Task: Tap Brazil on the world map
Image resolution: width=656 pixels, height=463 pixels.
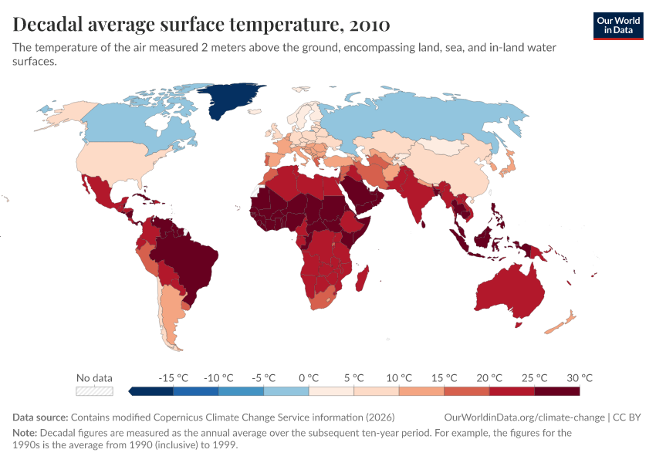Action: (189, 255)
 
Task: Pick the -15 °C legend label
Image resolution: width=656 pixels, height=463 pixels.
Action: (174, 378)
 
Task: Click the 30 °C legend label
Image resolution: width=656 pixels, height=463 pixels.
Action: (580, 378)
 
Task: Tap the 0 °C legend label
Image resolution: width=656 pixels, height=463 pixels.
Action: (309, 378)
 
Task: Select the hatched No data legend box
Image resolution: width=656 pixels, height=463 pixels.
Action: (94, 391)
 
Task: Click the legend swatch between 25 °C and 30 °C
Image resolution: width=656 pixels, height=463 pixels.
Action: (557, 391)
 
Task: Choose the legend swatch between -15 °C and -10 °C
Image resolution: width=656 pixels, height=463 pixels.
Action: (196, 391)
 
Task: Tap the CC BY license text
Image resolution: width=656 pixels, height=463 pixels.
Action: (627, 417)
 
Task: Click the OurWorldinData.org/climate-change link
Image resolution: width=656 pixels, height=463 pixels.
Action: (525, 417)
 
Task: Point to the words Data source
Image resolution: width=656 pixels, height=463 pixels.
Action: (40, 417)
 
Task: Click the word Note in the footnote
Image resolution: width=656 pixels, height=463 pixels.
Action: (25, 433)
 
